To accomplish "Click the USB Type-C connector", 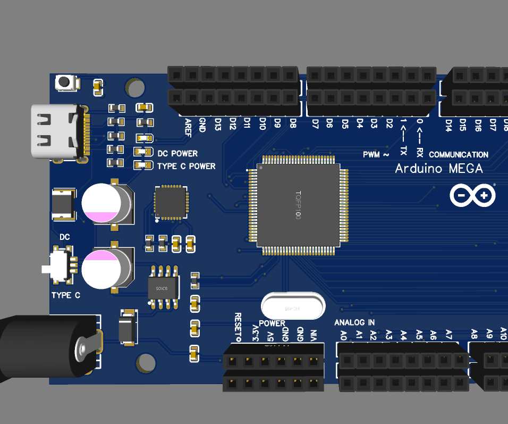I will [x=56, y=132].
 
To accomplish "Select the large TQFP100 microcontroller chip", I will [x=298, y=205].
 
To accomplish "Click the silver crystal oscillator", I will [x=292, y=307].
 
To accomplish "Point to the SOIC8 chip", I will [x=163, y=288].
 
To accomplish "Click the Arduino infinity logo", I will [x=472, y=196].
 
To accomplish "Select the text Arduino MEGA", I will [x=439, y=169].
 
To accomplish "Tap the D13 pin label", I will [x=217, y=124].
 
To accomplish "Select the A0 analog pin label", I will [x=343, y=335].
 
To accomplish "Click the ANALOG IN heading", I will [x=354, y=322].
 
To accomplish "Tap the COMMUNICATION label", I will [x=458, y=155].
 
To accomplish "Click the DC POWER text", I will [x=177, y=153].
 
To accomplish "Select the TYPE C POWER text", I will [x=186, y=166].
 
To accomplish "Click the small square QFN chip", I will [x=171, y=202].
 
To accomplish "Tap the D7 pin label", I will [x=315, y=124].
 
